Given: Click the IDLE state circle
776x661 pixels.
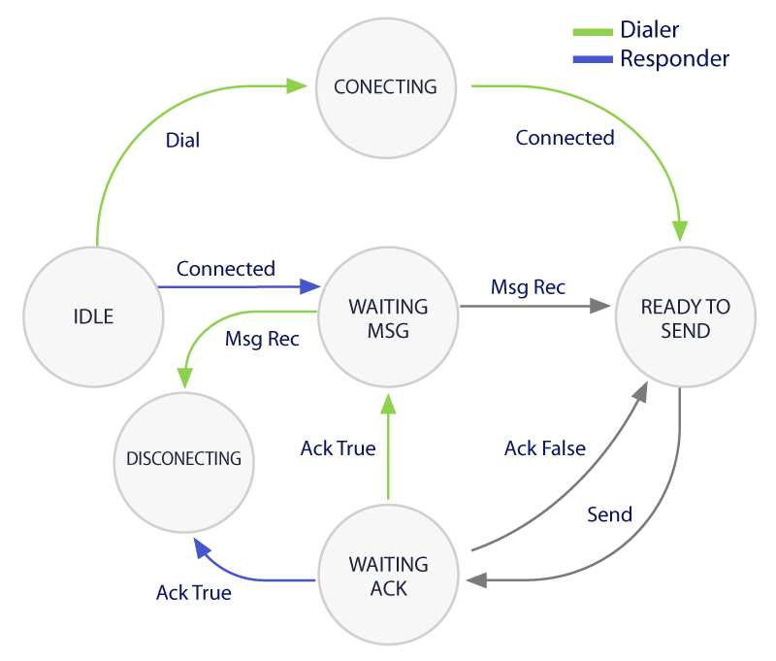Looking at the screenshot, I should [x=93, y=316].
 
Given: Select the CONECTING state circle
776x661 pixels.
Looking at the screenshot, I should [x=385, y=87].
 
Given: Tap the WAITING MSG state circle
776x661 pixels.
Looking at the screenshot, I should [x=388, y=318].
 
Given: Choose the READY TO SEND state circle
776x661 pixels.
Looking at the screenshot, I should [x=686, y=318].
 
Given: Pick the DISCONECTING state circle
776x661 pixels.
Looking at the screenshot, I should [x=183, y=457].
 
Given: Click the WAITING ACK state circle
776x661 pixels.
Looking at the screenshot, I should [x=388, y=576].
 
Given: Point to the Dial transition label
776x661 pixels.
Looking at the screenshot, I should [x=182, y=141].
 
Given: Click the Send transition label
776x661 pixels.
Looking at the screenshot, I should [x=609, y=514].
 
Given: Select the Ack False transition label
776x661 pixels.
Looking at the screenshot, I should [x=544, y=448].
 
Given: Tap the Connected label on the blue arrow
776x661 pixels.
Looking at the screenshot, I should [x=225, y=269].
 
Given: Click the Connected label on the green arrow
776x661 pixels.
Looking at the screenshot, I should [x=565, y=138].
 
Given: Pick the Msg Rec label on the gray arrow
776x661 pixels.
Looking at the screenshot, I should [x=528, y=287].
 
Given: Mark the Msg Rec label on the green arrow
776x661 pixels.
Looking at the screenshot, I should [x=262, y=340].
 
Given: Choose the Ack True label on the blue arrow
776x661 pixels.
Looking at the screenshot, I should [x=194, y=592].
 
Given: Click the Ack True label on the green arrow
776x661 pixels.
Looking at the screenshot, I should [x=338, y=448].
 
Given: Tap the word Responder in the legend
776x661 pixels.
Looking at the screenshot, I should [x=674, y=59].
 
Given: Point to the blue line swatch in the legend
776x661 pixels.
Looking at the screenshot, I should [x=592, y=60].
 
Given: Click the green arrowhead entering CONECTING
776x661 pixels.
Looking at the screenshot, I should [x=300, y=85].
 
